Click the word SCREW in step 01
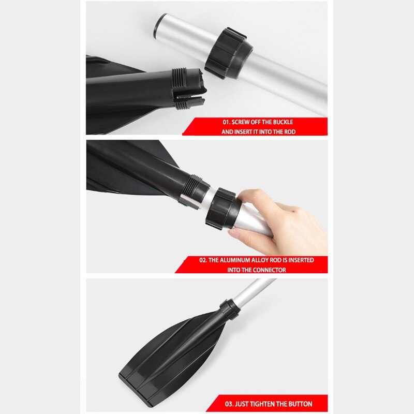(243, 122)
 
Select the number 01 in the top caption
(226, 122)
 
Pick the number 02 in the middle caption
(203, 260)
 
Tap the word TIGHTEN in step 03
(266, 404)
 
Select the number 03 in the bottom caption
(229, 404)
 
